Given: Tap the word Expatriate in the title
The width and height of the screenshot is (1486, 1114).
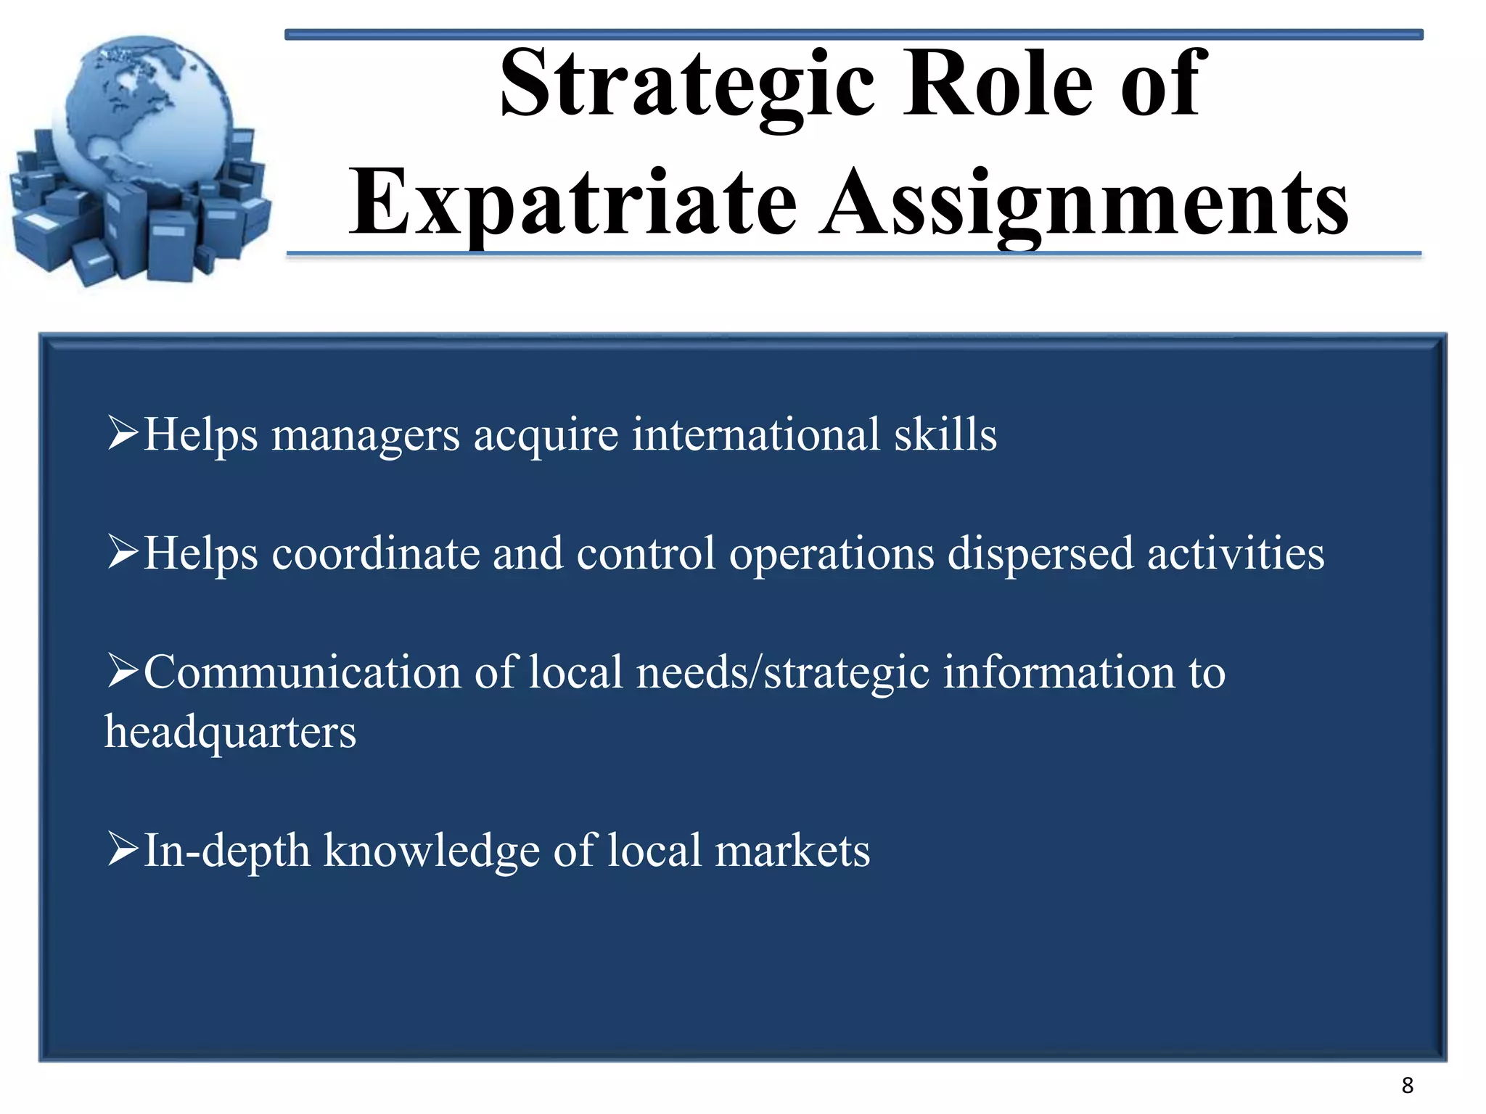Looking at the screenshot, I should (572, 202).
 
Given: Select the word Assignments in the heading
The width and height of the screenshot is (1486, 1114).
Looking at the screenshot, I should (1084, 202).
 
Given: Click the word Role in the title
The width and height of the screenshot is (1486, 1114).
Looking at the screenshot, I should (996, 83).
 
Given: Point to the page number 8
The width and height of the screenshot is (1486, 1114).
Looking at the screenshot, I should (1407, 1086).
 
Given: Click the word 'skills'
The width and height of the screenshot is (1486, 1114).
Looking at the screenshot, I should (945, 434).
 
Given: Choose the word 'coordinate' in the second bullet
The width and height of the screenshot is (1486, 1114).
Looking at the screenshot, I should (376, 554).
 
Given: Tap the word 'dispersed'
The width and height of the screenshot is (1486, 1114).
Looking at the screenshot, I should (1040, 554).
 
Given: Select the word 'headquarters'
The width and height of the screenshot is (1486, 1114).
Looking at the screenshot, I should (230, 733).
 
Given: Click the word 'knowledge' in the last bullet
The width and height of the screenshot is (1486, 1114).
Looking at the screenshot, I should (431, 851).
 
